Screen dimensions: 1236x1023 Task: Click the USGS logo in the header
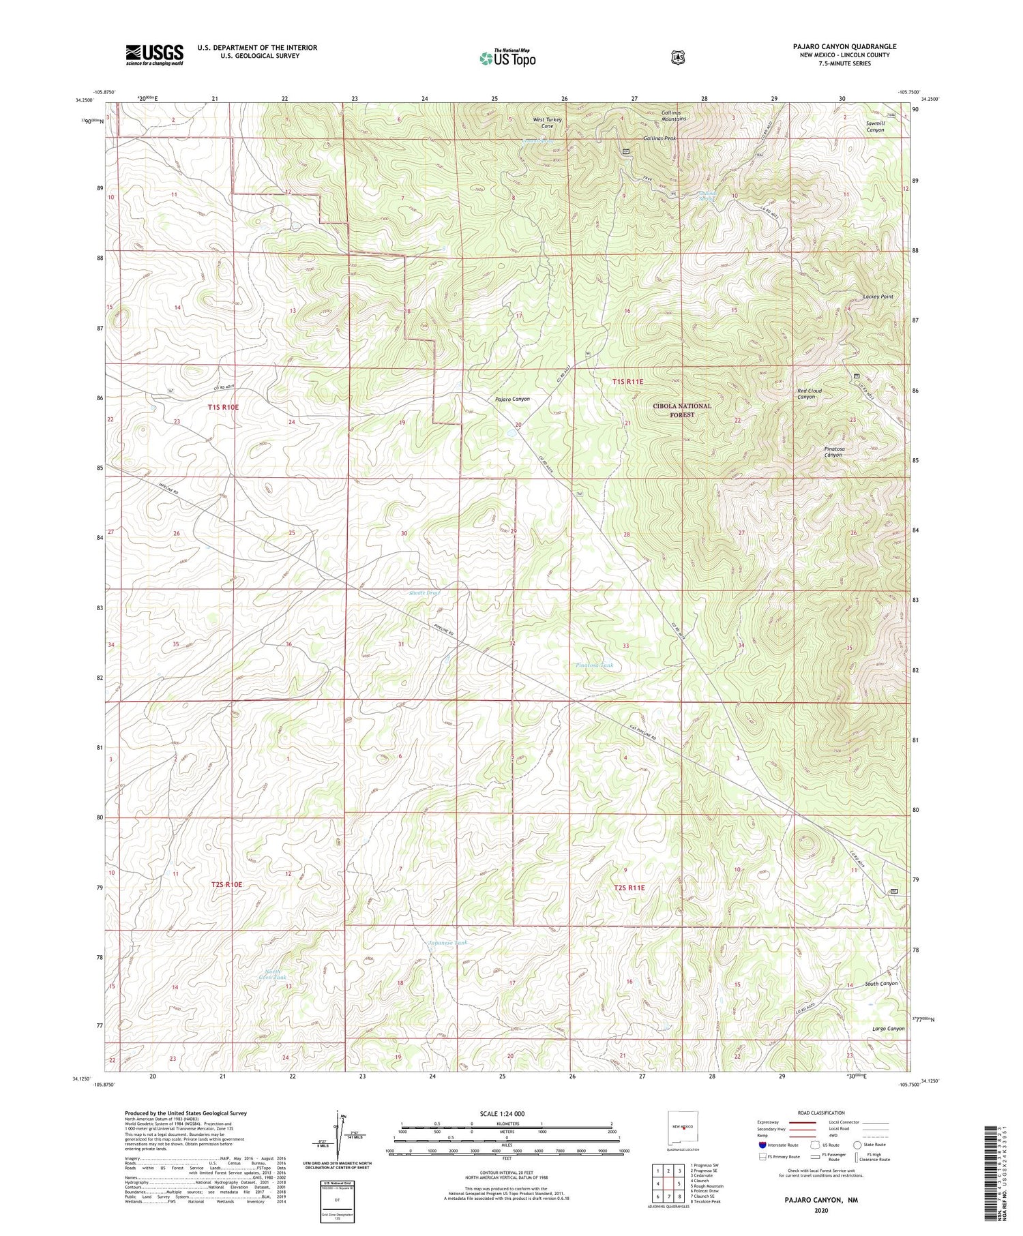tap(154, 55)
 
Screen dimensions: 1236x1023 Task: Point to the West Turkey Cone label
tap(548, 123)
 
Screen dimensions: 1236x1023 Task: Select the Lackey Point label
tap(878, 297)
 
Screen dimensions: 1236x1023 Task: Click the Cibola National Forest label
tap(681, 410)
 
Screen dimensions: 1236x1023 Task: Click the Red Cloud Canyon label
tap(810, 394)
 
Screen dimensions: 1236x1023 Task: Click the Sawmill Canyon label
tap(875, 126)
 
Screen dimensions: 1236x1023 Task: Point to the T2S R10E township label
tap(226, 884)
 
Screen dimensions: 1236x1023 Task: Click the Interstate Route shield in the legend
tap(762, 1145)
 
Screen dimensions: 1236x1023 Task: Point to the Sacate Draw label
tap(424, 592)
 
